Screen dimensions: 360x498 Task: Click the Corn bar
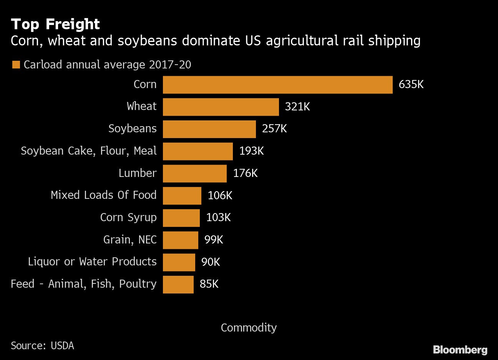(x=277, y=85)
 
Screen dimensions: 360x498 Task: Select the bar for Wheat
(x=221, y=107)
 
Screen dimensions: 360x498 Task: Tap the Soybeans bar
(x=209, y=129)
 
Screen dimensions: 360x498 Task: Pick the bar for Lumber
(x=194, y=173)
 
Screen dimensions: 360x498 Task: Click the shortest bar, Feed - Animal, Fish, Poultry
(x=178, y=284)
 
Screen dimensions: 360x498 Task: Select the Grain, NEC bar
(x=180, y=240)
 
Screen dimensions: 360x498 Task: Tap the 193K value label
(x=251, y=151)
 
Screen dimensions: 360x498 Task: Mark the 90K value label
(x=211, y=262)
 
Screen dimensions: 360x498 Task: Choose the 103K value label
(x=218, y=218)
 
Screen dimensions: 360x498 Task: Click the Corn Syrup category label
(x=128, y=218)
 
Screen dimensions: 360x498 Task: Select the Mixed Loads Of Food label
(x=104, y=195)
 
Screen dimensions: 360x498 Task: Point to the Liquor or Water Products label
(x=92, y=262)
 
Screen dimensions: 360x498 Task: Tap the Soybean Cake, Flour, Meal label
(x=89, y=151)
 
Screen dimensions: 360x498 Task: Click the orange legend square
(x=16, y=65)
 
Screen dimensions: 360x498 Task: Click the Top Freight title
(x=55, y=24)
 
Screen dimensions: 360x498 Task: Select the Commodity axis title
(x=249, y=328)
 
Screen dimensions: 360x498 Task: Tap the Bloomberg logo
(x=460, y=350)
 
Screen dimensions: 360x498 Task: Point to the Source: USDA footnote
(x=42, y=346)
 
